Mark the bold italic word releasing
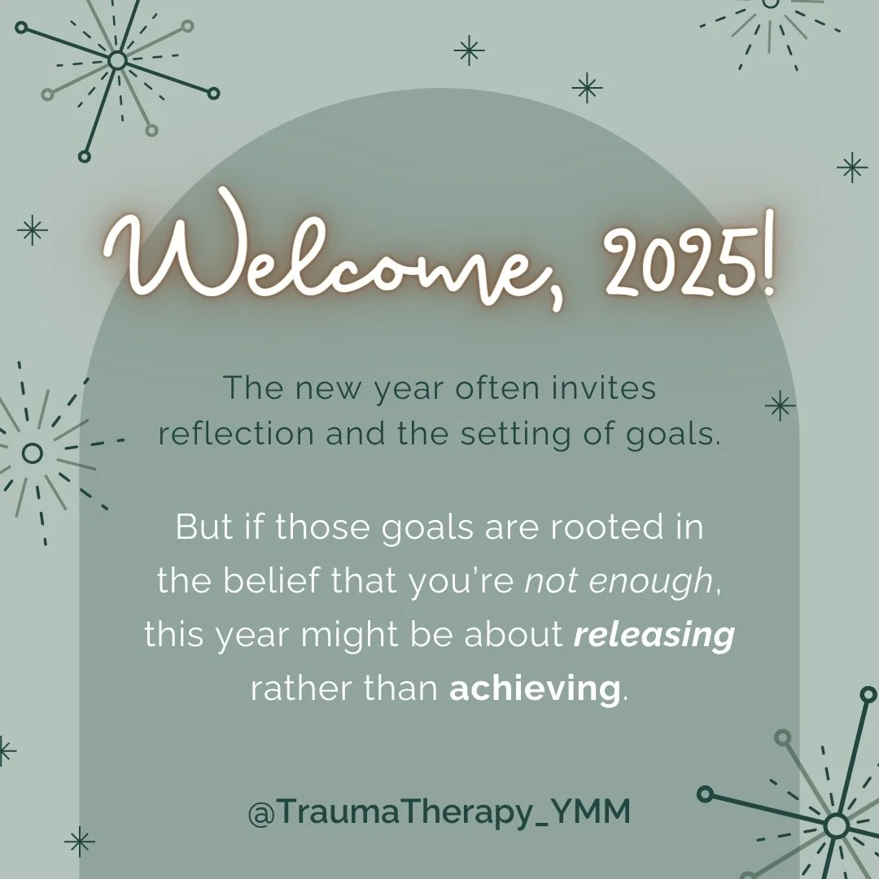[x=654, y=635]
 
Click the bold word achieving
[x=535, y=689]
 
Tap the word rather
[x=294, y=689]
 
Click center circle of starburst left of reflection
[x=33, y=453]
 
